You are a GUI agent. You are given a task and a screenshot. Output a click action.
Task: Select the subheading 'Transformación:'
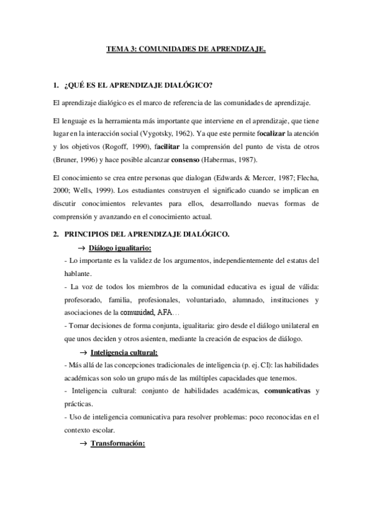[x=118, y=444]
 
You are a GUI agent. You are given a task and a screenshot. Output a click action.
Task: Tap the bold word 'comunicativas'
[x=288, y=391]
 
